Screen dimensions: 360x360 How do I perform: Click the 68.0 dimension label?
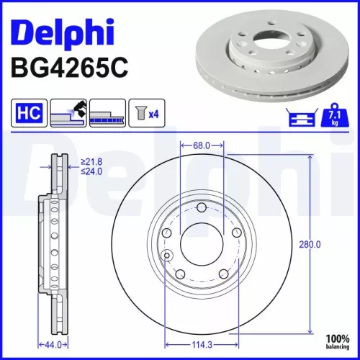point(202,145)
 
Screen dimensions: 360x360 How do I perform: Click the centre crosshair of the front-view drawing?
point(202,246)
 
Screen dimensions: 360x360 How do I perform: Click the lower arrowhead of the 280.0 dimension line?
point(310,332)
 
